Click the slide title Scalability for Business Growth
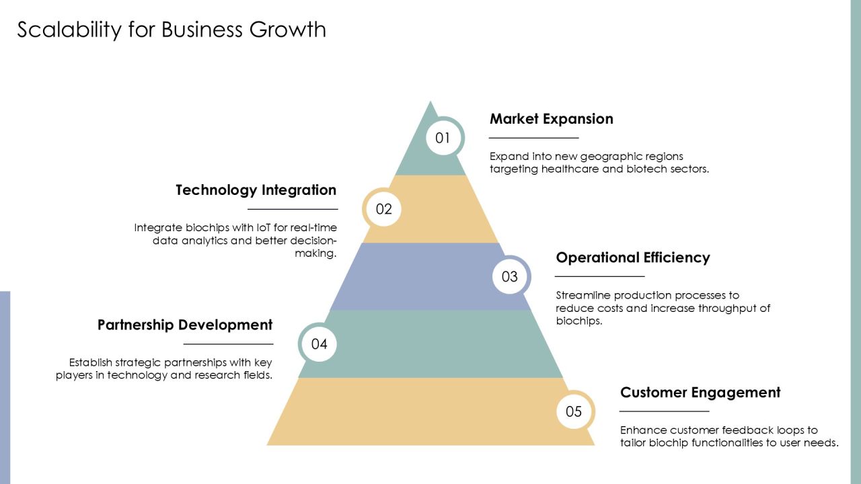[172, 30]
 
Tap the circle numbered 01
[443, 138]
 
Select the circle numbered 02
[383, 209]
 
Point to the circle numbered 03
[510, 276]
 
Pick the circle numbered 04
[319, 344]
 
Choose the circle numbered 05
[574, 411]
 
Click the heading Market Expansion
[551, 119]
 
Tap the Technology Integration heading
[256, 190]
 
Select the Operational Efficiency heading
[633, 257]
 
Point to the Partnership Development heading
[185, 325]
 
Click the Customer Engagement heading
[700, 393]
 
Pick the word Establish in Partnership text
[90, 362]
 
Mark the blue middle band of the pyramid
[430, 276]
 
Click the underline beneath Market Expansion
[533, 138]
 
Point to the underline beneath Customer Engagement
[664, 411]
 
